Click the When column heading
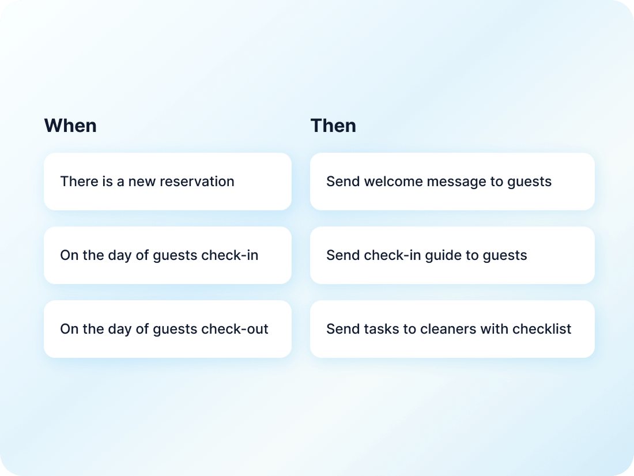[x=70, y=126]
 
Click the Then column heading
[x=333, y=126]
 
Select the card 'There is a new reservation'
[x=167, y=182]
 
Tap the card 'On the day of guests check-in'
[x=167, y=255]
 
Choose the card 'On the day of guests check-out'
[x=167, y=329]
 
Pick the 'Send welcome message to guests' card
[x=452, y=182]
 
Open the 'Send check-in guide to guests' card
[x=452, y=255]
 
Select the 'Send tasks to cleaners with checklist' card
[x=452, y=329]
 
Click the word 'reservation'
[x=197, y=182]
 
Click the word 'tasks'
[x=378, y=329]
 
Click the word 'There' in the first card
[x=75, y=182]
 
